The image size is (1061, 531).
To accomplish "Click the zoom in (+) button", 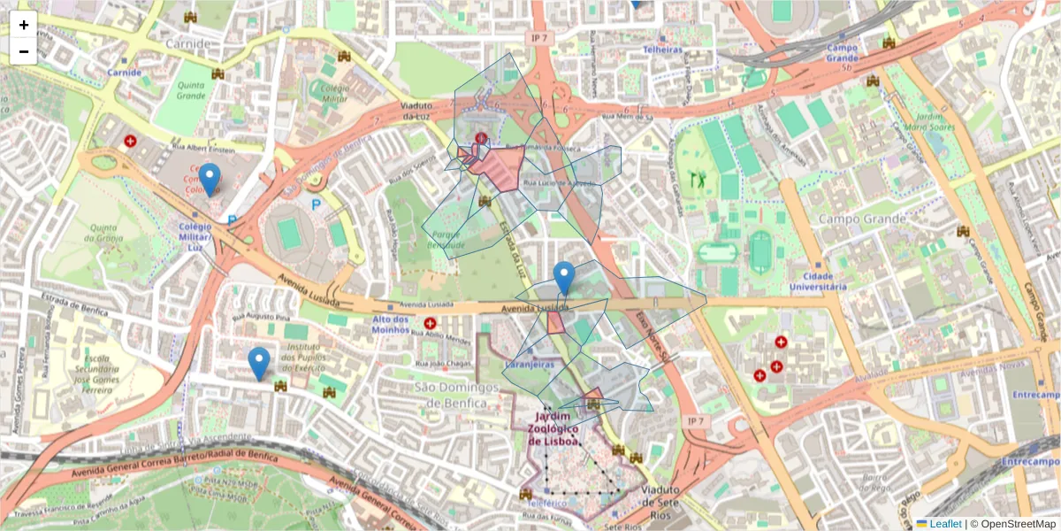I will coord(24,26).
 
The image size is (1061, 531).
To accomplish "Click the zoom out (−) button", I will coord(24,51).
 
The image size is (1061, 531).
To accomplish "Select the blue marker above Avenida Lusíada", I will coord(564,278).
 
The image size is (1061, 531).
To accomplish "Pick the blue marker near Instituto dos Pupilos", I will coord(258,363).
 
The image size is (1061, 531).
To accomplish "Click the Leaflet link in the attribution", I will coord(944,524).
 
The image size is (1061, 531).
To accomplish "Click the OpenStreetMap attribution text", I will coord(1013,524).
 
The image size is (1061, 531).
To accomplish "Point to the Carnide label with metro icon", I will coord(124,72).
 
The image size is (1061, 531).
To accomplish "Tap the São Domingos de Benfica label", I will coord(452,396).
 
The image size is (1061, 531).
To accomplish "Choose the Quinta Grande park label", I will coord(190,91).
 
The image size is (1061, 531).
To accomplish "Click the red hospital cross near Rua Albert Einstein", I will coord(131,141).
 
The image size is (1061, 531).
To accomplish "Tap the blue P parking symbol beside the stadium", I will coord(316,204).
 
